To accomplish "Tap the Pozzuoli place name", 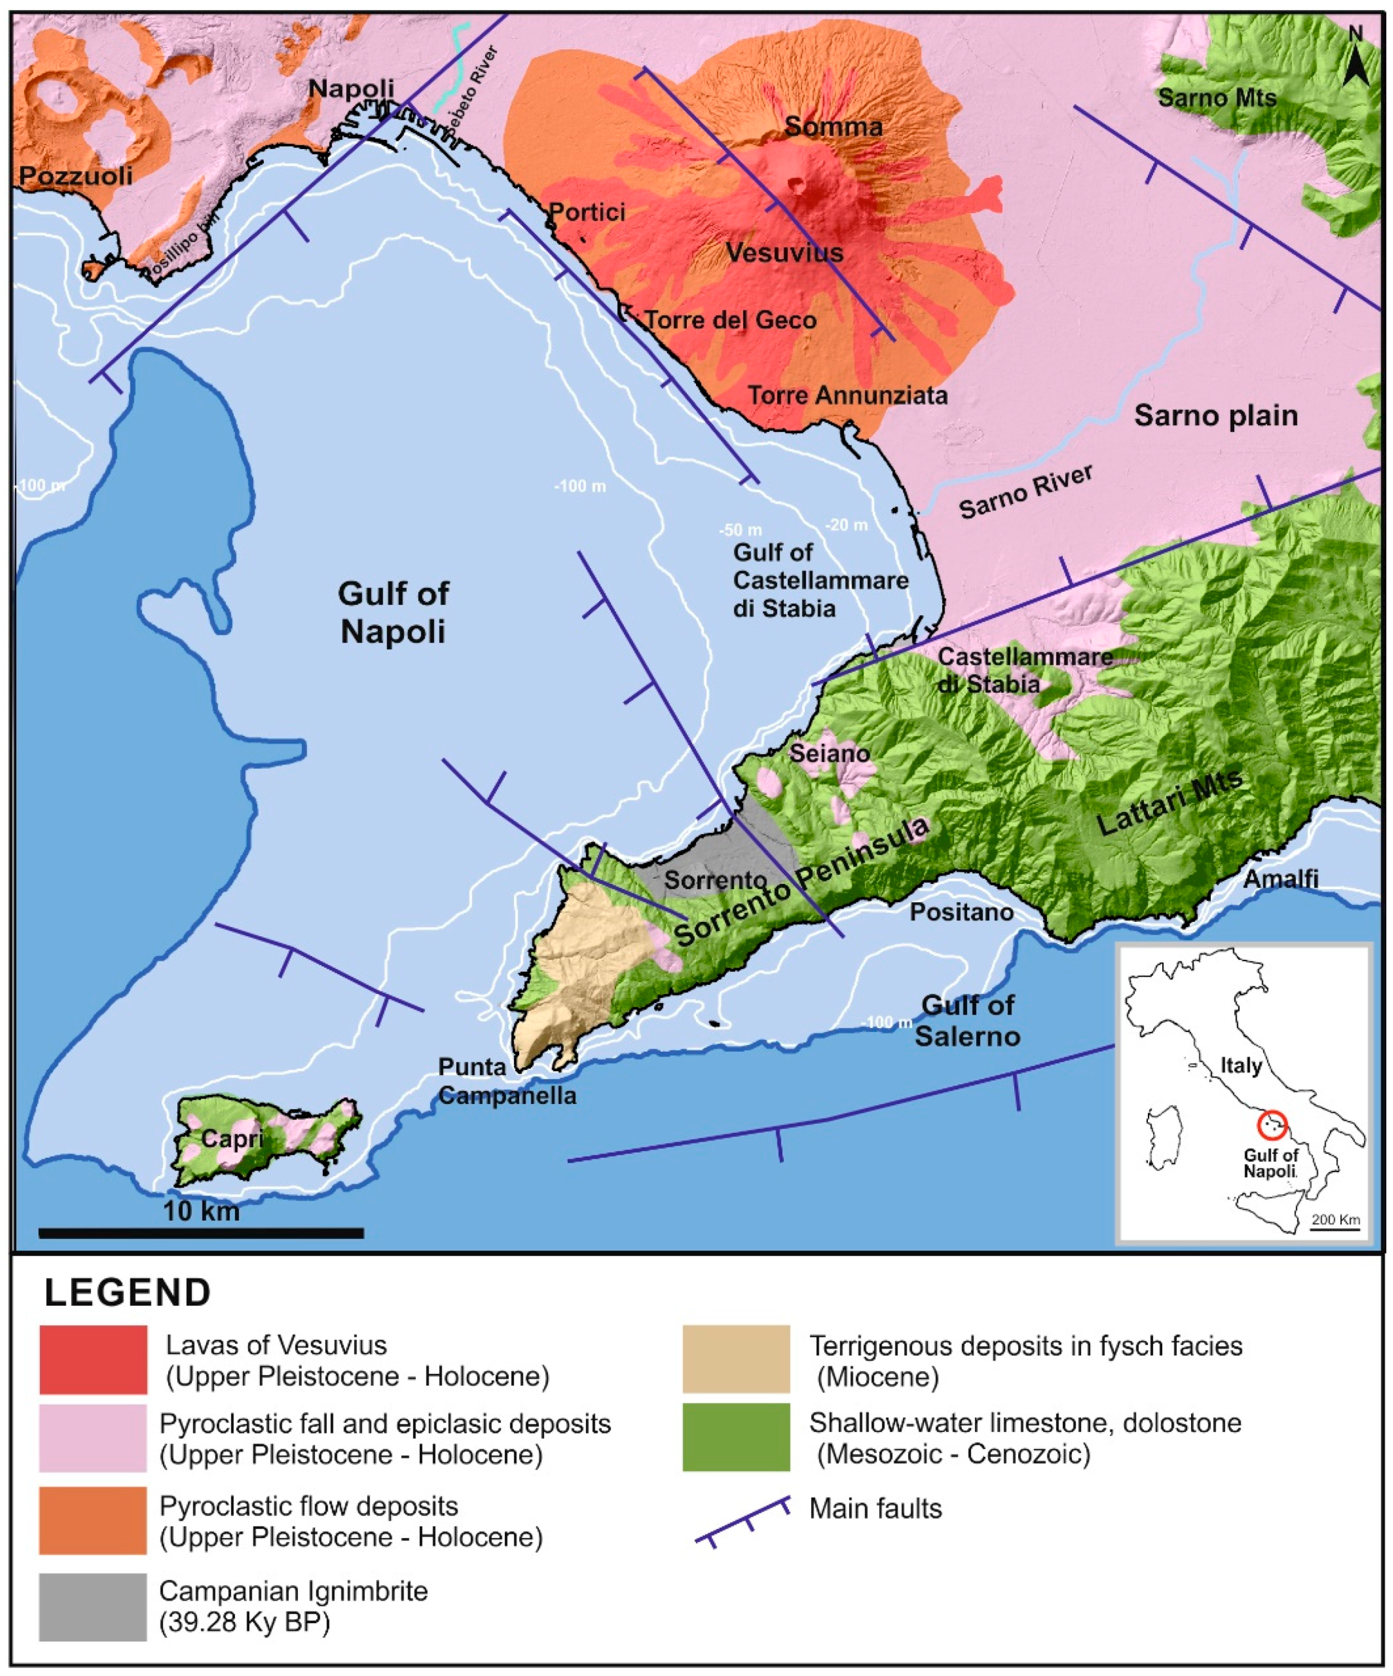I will coord(76,176).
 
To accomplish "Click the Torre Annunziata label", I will coord(847,395).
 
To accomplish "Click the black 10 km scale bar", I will coord(201,1233).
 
